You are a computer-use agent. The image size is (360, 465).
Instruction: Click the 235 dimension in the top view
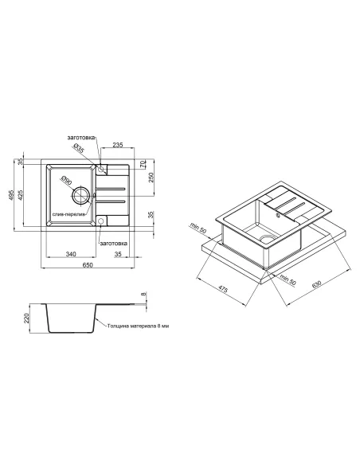[x=117, y=145]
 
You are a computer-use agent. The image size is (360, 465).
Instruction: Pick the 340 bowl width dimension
[x=71, y=254]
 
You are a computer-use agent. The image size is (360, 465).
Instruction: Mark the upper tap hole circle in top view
[x=101, y=169]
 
